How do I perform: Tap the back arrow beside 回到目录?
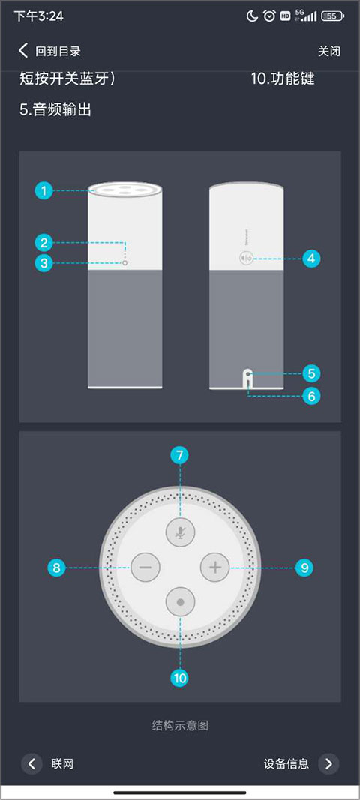pos(23,50)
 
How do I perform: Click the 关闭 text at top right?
pos(329,51)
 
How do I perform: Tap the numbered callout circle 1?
pos(44,191)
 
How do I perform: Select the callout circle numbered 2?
pos(44,242)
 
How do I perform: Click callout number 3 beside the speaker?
pos(44,263)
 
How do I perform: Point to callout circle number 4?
pos(311,259)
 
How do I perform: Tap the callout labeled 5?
pos(311,374)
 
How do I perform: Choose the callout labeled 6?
pos(311,395)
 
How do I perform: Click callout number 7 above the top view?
pos(180,455)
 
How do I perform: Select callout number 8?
pos(56,568)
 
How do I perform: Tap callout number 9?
pos(304,568)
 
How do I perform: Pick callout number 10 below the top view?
pos(180,678)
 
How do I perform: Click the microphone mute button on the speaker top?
pos(180,532)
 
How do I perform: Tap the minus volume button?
pos(145,567)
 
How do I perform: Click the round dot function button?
pos(180,601)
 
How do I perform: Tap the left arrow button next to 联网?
pos(31,763)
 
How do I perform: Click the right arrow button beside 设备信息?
pos(328,763)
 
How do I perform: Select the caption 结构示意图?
pos(180,725)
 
